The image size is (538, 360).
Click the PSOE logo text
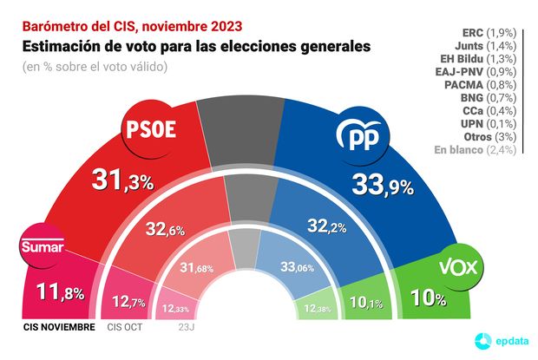pyautogui.click(x=152, y=129)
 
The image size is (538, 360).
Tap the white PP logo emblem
pyautogui.click(x=357, y=137)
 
